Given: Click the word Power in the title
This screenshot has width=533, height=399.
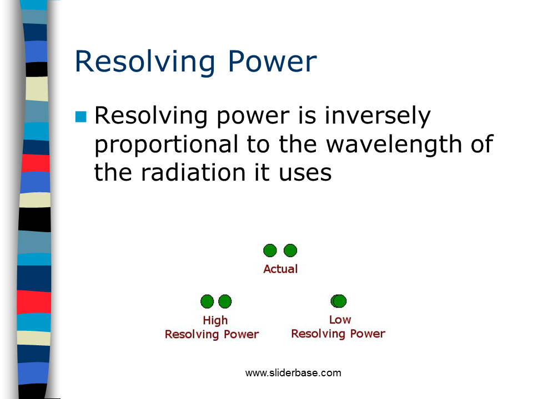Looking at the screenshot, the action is coord(272,62).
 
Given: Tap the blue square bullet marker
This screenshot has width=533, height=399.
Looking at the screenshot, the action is coord(81,117).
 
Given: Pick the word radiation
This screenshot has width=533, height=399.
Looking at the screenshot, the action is coord(193,172).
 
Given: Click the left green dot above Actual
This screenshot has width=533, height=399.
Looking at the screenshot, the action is coord(270,250).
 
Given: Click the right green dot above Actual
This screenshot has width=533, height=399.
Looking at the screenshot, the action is coord(290,250).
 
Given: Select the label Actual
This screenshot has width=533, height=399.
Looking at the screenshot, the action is coord(280,269).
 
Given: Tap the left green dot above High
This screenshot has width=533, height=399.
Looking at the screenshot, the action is coord(207,301).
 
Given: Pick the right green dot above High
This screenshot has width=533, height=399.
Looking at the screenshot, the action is coord(225,301).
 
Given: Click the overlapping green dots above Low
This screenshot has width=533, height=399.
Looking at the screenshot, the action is coord(339,301).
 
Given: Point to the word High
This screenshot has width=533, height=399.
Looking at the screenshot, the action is coord(215,321).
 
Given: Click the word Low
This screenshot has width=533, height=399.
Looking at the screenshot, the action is coord(340,320).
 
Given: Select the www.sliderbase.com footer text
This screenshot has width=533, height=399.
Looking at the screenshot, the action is coord(293,373).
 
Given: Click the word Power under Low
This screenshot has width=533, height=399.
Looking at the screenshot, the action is coord(368,334).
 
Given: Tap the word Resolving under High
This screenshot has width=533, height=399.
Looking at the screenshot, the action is coord(192,335).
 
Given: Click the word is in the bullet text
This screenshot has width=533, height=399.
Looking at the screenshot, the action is coord(307,116).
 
